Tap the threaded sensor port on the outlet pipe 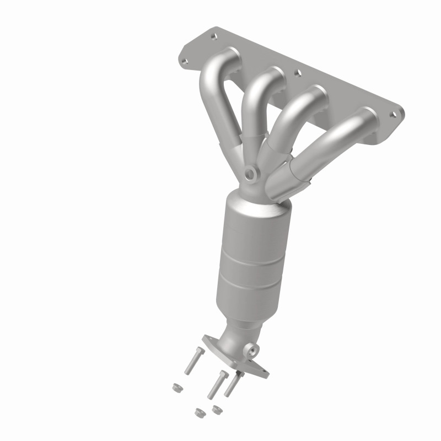click(252, 349)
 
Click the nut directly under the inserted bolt click(216, 408)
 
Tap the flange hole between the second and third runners click(297, 72)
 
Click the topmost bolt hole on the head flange click(213, 37)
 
